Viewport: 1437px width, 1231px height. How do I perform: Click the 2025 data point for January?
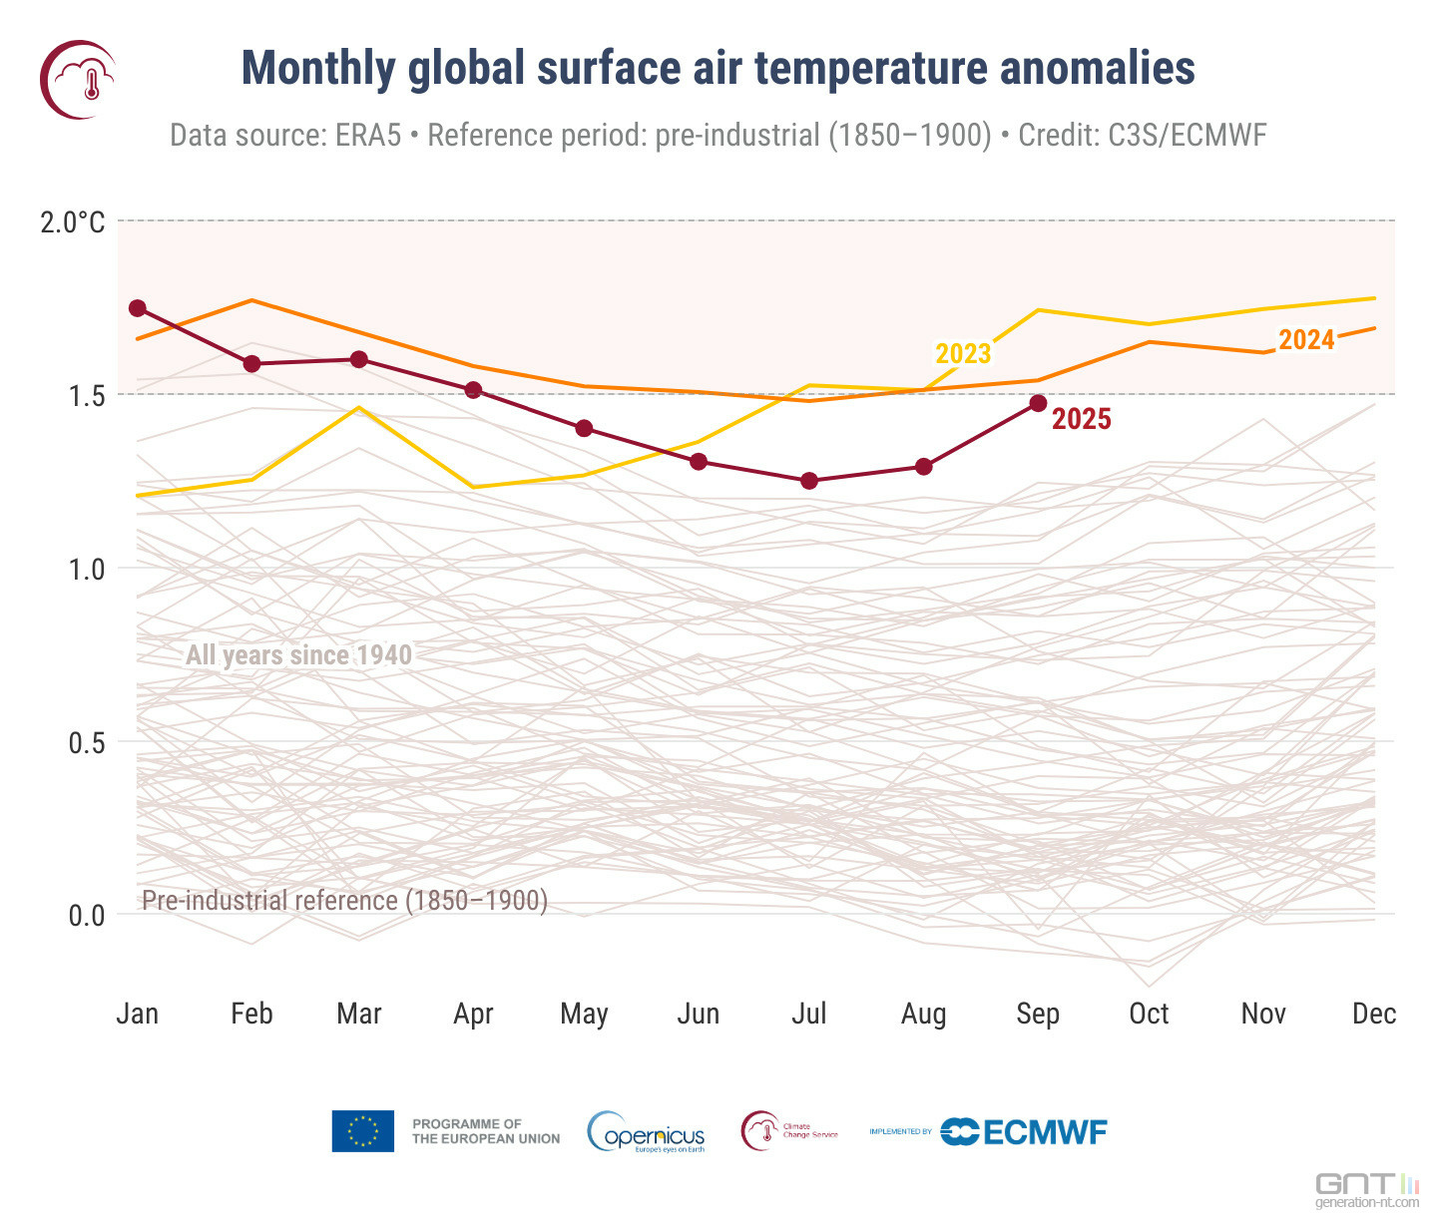(138, 308)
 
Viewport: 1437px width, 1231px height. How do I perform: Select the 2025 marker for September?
(1038, 403)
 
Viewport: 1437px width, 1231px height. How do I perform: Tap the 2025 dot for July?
(809, 481)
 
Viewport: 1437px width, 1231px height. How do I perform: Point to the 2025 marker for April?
(473, 390)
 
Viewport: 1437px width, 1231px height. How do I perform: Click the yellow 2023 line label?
(963, 354)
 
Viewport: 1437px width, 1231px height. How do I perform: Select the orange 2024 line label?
(1306, 340)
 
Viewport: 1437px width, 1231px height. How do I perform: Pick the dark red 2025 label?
(1082, 419)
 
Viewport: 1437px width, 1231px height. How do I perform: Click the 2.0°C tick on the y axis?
(72, 221)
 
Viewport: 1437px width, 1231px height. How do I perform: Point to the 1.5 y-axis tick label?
(86, 396)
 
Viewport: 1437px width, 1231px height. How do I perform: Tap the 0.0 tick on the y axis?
(86, 915)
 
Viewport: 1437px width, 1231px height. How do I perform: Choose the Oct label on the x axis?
(1149, 1014)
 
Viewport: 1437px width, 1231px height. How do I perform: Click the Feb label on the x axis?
(251, 1014)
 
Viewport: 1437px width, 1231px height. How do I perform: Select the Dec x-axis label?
(1374, 1014)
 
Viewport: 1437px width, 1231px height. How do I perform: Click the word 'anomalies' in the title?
(1097, 69)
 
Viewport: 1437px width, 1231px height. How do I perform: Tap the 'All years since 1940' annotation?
(298, 655)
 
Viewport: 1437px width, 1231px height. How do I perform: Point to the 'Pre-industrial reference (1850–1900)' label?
(344, 901)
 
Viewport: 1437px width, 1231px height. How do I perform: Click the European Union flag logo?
(362, 1131)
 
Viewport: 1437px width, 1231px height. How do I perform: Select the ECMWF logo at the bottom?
(1024, 1132)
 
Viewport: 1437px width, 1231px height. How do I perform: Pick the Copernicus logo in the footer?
(648, 1132)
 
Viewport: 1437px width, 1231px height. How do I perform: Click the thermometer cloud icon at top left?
(78, 80)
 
